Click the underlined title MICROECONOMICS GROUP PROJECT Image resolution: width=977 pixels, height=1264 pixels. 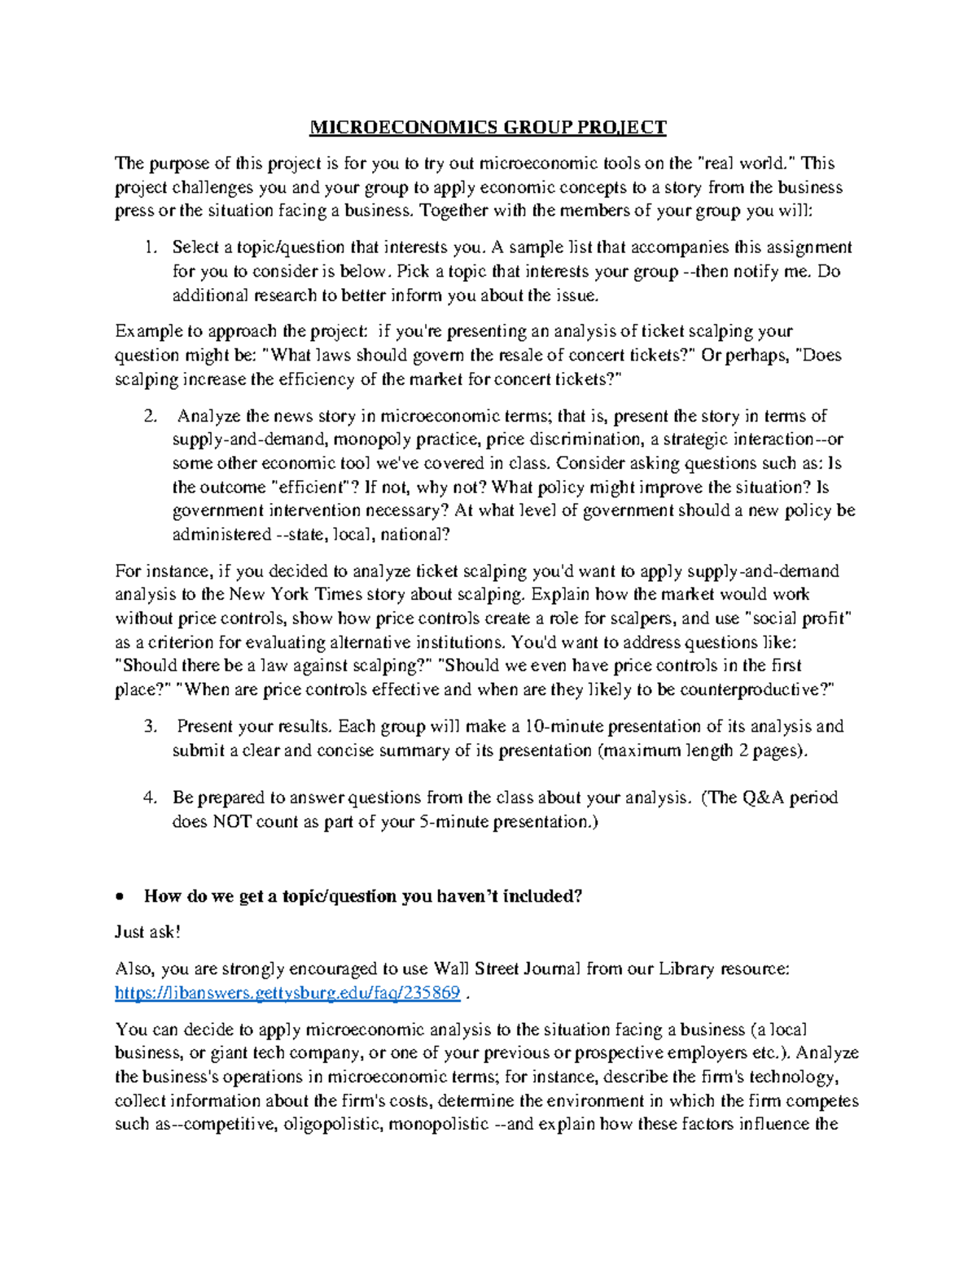tap(488, 127)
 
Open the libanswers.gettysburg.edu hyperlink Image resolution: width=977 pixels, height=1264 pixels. tap(287, 993)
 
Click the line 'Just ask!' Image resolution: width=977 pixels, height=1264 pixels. tap(147, 932)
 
